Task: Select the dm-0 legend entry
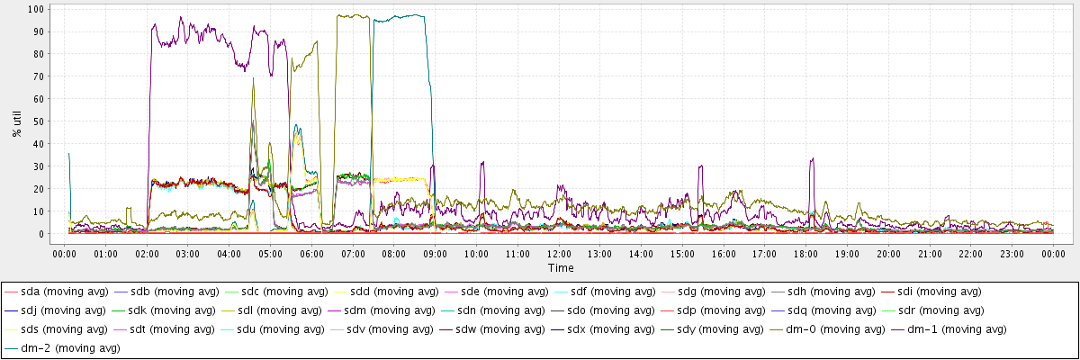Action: pyautogui.click(x=842, y=329)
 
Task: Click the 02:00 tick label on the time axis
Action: pyautogui.click(x=148, y=255)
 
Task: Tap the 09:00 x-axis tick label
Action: pyautogui.click(x=436, y=255)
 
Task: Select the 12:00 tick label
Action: pyautogui.click(x=559, y=255)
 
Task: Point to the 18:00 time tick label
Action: pyautogui.click(x=806, y=255)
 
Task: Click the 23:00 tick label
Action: pyautogui.click(x=1012, y=255)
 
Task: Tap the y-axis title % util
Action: pyautogui.click(x=16, y=121)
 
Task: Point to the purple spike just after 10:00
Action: pyautogui.click(x=482, y=164)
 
